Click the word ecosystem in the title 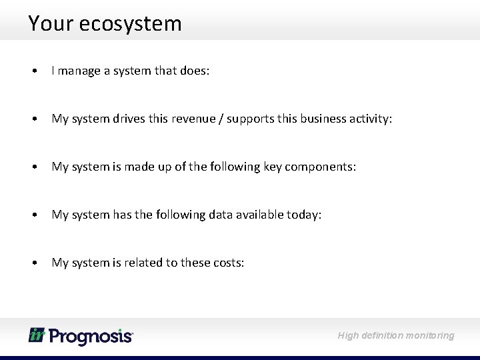(x=131, y=24)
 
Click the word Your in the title (x=51, y=24)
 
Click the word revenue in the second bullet (x=191, y=119)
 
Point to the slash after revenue (x=217, y=119)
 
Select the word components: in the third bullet (x=321, y=167)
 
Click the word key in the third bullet (x=271, y=167)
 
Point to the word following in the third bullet (x=234, y=167)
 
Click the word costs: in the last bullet (x=229, y=263)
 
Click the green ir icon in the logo (x=36, y=335)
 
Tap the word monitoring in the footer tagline (x=428, y=335)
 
